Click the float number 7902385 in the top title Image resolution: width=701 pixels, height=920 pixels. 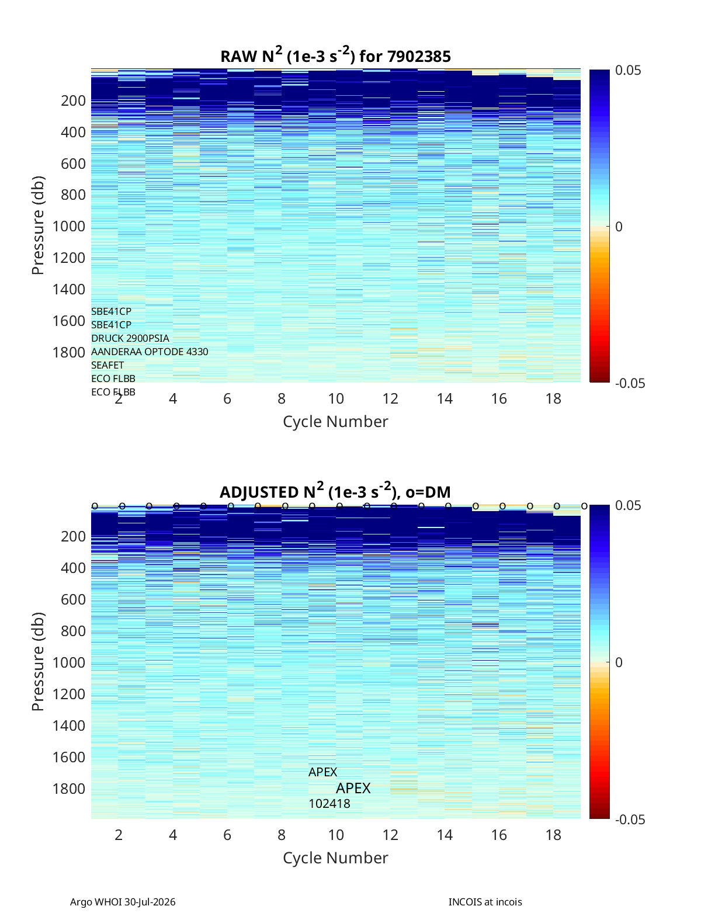point(418,57)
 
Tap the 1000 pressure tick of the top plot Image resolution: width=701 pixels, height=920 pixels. point(69,226)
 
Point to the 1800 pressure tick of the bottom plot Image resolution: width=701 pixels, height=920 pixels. point(69,789)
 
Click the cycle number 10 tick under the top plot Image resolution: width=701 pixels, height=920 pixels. point(336,398)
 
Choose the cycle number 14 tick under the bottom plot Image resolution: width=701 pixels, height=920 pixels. point(445,835)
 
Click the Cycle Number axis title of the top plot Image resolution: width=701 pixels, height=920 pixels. point(336,422)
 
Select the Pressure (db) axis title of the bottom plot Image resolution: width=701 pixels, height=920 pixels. point(38,662)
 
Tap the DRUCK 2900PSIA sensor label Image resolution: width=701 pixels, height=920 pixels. point(130,338)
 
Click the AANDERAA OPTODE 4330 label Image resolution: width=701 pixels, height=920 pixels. point(150,352)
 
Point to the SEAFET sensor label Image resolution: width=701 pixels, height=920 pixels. point(107,365)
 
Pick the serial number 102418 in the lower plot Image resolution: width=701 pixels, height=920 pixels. point(329,804)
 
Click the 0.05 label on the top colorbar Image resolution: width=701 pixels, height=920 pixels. point(628,71)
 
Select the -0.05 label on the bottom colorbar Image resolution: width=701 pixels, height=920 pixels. point(630,820)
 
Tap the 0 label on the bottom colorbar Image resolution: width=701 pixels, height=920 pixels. point(619,662)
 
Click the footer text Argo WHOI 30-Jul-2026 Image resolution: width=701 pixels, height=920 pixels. point(123,902)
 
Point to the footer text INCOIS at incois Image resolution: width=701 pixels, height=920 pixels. point(485,902)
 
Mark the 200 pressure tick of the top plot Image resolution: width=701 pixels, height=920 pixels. point(74,101)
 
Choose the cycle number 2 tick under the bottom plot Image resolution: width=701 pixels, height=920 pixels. point(119,835)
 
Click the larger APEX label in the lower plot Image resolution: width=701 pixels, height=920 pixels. point(353,789)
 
